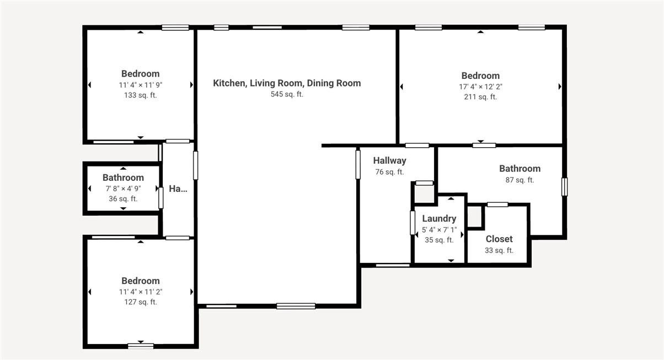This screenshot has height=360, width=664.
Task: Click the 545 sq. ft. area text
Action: pyautogui.click(x=287, y=94)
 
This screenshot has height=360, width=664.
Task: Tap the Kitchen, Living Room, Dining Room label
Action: pyautogui.click(x=287, y=83)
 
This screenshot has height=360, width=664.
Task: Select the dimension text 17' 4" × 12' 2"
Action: pyautogui.click(x=480, y=87)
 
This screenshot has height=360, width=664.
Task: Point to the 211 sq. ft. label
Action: pyautogui.click(x=480, y=97)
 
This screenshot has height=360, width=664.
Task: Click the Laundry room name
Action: pyautogui.click(x=439, y=218)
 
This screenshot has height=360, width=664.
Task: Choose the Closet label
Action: pyautogui.click(x=499, y=239)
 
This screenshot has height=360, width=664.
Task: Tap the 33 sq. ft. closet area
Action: pyautogui.click(x=499, y=250)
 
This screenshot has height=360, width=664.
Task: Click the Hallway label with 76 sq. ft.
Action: pyautogui.click(x=389, y=160)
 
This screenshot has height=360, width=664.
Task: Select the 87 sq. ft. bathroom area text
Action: pyautogui.click(x=520, y=180)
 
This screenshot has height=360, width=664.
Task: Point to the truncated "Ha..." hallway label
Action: pyautogui.click(x=178, y=189)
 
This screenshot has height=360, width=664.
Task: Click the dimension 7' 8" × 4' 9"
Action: pyautogui.click(x=123, y=189)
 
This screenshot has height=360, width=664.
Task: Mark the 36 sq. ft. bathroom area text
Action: pyautogui.click(x=123, y=199)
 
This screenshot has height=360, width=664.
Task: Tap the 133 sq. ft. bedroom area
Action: pyautogui.click(x=140, y=95)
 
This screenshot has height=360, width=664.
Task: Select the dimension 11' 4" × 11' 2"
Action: pyautogui.click(x=140, y=292)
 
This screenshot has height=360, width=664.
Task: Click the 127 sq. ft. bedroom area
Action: pyautogui.click(x=140, y=302)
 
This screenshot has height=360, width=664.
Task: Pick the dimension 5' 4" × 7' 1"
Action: pyautogui.click(x=439, y=229)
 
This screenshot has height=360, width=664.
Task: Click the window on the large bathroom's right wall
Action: pyautogui.click(x=564, y=186)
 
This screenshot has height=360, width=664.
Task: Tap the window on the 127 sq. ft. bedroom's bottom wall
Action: pyautogui.click(x=141, y=346)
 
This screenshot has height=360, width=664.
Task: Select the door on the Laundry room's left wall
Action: pyautogui.click(x=412, y=223)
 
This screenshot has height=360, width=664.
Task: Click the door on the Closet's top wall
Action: pyautogui.click(x=497, y=205)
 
